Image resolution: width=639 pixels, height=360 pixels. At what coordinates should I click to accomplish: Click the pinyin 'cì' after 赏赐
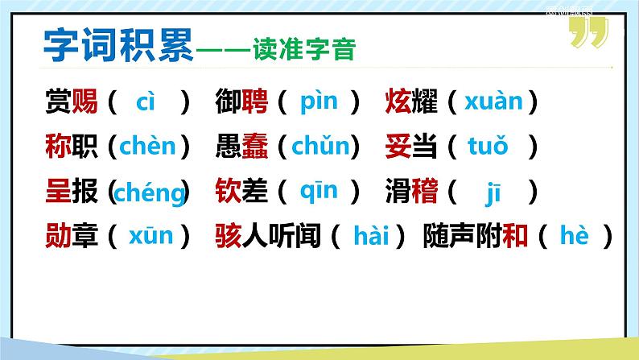pyautogui.click(x=146, y=102)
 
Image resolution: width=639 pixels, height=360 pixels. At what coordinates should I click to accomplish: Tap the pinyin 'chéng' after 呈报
pyautogui.click(x=150, y=193)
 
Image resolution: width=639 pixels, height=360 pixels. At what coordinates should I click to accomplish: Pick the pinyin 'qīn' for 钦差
pyautogui.click(x=318, y=192)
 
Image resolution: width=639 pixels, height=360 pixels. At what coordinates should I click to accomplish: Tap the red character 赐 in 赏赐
pyautogui.click(x=85, y=102)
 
